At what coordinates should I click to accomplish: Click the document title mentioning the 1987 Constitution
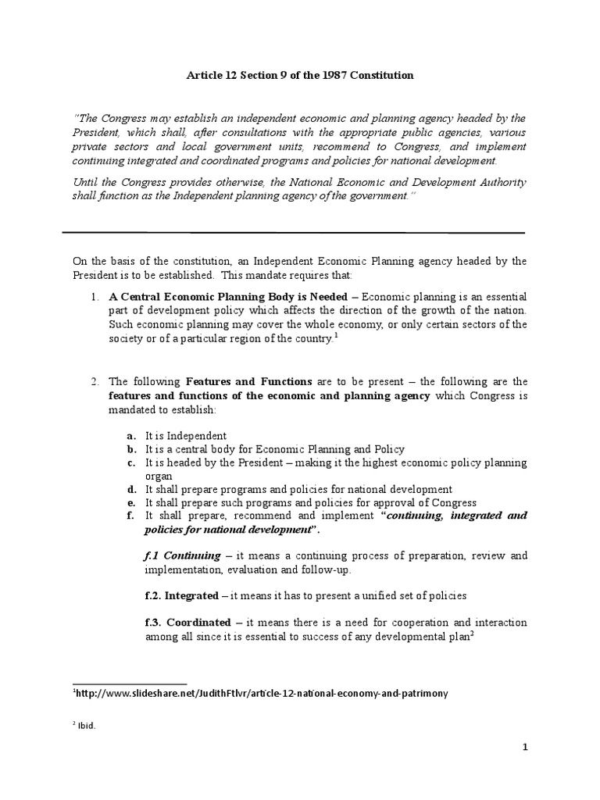coord(299,76)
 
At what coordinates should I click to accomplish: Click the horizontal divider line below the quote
coord(293,232)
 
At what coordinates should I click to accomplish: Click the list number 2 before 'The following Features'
coord(94,381)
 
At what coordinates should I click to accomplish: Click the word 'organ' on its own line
coord(159,476)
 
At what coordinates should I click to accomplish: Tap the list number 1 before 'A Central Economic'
coord(94,296)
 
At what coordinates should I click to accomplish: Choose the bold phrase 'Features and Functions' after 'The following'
coord(248,381)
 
